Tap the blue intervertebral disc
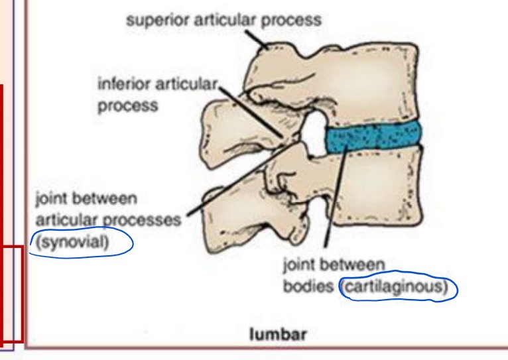point(373,137)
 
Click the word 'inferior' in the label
point(120,86)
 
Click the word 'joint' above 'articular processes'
point(48,199)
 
